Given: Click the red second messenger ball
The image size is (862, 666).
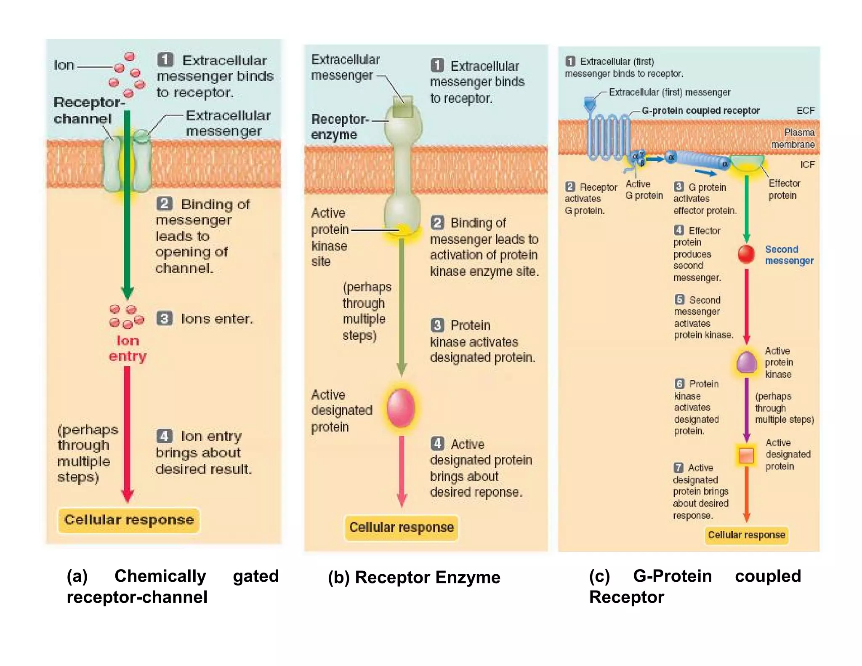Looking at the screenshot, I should pos(746,254).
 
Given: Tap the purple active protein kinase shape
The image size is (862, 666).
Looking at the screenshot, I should pos(747,362).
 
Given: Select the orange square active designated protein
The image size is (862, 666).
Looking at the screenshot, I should pos(746,455).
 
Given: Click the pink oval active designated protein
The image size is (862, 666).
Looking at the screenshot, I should pos(401,408).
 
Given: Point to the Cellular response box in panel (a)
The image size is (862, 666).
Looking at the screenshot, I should pos(129,519).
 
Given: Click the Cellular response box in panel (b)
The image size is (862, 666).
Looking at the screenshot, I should pos(402,527).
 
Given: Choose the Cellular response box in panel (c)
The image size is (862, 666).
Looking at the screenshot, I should pos(746,535).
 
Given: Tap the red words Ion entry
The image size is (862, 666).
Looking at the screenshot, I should pos(128,348).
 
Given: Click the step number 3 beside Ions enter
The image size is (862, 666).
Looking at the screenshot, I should pos(165,318).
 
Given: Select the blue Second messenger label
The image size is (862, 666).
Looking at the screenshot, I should pos(789,255).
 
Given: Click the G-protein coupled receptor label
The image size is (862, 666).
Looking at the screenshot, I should pos(700,111).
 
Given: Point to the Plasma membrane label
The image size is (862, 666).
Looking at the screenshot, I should pos(793,138).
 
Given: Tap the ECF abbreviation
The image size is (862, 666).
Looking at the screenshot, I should pos(805,111).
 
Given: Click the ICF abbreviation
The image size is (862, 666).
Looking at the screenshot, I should pos(807,165).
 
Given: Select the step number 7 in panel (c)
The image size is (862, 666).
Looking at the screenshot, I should pos(678,468).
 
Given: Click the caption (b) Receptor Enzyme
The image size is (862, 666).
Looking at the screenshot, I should pos(414,577).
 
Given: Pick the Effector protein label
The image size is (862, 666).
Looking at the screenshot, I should pos(784,189).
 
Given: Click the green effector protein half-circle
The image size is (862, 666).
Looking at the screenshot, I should pos(747,162).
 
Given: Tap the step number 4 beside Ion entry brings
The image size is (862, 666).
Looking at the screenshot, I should pos(165,436).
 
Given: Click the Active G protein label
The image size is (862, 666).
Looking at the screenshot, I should pos(644,189).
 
